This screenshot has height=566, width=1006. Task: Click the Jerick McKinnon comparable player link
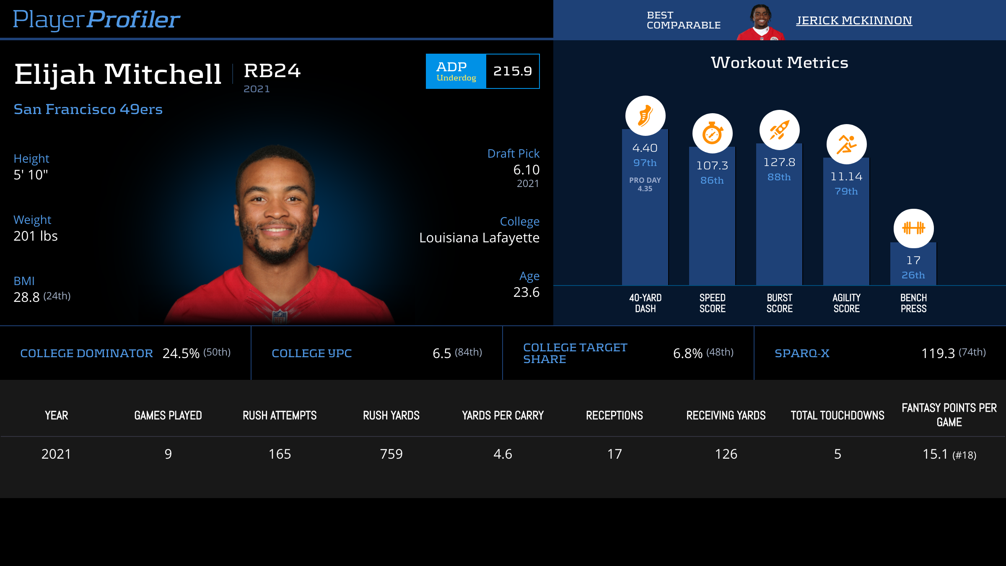click(854, 21)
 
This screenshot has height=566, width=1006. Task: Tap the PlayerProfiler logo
click(96, 20)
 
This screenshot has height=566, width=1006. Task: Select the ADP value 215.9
click(512, 71)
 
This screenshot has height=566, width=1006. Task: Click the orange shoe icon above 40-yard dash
click(645, 116)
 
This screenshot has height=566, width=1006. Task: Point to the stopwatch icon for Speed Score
click(712, 133)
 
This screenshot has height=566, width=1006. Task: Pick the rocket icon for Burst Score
click(779, 130)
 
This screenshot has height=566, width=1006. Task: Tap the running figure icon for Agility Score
click(846, 144)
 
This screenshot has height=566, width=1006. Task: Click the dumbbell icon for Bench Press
click(913, 228)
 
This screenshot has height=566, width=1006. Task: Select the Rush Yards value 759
click(391, 454)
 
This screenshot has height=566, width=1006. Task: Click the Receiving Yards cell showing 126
click(726, 454)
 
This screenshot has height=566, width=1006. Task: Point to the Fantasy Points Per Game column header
click(949, 415)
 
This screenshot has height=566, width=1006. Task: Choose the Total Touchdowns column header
click(837, 415)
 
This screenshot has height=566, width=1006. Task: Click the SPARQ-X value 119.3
click(938, 353)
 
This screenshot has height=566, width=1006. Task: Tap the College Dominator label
click(86, 353)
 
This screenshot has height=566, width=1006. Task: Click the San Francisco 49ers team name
click(88, 109)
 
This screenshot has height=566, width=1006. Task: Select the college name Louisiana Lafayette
click(479, 238)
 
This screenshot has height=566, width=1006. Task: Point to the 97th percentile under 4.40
click(645, 163)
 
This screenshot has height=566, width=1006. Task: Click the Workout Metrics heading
click(779, 63)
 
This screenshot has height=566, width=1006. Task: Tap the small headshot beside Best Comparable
click(761, 22)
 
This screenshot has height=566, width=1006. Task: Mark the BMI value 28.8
click(26, 297)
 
